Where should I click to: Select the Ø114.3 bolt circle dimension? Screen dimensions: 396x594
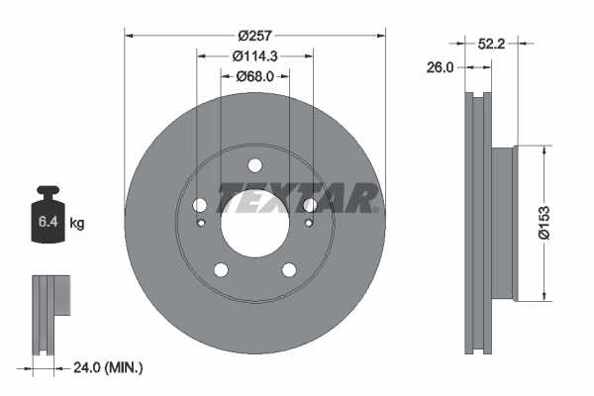pyautogui.click(x=253, y=56)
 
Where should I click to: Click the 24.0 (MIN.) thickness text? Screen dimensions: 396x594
pyautogui.click(x=109, y=367)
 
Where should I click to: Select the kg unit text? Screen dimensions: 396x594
pyautogui.click(x=77, y=224)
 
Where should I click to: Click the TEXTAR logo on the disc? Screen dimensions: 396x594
pyautogui.click(x=297, y=199)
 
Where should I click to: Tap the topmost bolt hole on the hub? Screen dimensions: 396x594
pyautogui.click(x=253, y=164)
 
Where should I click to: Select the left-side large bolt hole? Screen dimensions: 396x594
pyautogui.click(x=199, y=205)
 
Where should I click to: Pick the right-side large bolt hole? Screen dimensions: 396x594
pyautogui.click(x=309, y=205)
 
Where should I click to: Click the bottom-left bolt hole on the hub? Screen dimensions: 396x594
pyautogui.click(x=220, y=269)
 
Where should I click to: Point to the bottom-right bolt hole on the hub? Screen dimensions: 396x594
pyautogui.click(x=288, y=269)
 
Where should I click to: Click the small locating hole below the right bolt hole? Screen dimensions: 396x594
pyautogui.click(x=308, y=223)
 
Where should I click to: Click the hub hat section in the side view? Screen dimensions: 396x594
pyautogui.click(x=504, y=224)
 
